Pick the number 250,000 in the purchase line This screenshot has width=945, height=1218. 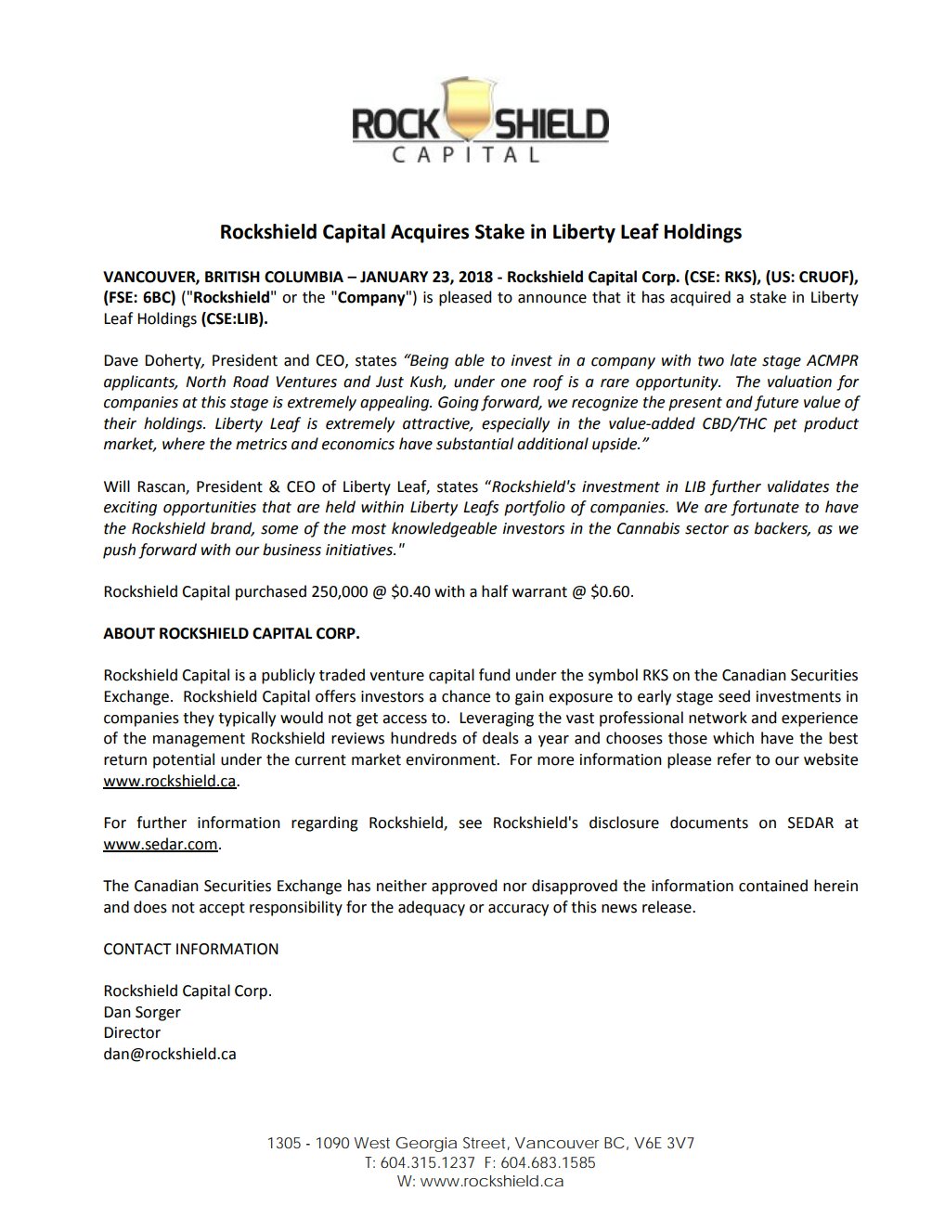tap(337, 591)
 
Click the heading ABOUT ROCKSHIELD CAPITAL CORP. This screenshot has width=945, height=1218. tap(231, 633)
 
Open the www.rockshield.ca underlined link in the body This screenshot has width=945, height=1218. tap(170, 781)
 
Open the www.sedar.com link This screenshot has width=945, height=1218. tap(161, 844)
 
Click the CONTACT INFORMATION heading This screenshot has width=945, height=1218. tap(190, 949)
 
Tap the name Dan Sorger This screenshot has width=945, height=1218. tap(142, 1012)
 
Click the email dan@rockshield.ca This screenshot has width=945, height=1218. tap(170, 1054)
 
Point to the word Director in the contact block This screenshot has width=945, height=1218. tap(132, 1032)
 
